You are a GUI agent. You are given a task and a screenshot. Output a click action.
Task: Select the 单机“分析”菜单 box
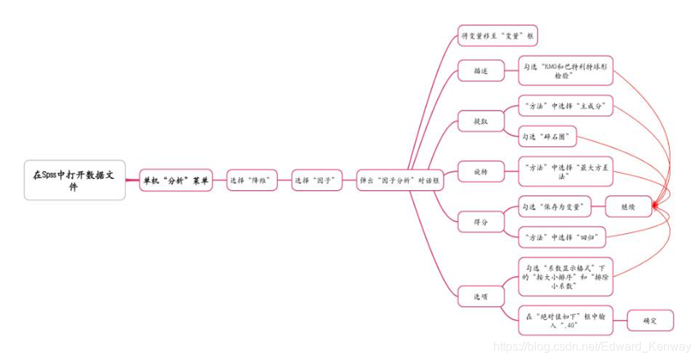(176, 180)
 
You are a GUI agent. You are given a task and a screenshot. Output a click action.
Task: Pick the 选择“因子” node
(317, 180)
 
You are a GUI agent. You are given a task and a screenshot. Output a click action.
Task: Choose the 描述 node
(480, 71)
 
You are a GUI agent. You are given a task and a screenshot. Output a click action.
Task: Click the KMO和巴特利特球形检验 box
(565, 71)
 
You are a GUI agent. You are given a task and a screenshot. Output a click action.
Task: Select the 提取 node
(480, 120)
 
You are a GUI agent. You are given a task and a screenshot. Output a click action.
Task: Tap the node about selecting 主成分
(565, 106)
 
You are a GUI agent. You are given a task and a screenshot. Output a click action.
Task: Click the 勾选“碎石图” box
(548, 137)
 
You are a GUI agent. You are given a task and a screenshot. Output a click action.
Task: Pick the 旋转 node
(480, 172)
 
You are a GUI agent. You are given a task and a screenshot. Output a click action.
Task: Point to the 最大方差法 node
(565, 172)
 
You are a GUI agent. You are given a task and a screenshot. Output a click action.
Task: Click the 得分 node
(480, 221)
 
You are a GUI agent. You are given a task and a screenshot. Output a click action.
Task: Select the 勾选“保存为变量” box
(554, 206)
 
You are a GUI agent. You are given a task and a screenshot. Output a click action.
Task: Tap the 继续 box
(628, 206)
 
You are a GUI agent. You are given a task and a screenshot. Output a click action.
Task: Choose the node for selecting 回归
(562, 237)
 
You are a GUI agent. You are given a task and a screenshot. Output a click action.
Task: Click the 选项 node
(480, 296)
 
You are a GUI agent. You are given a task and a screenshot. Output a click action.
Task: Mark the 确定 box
(650, 321)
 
